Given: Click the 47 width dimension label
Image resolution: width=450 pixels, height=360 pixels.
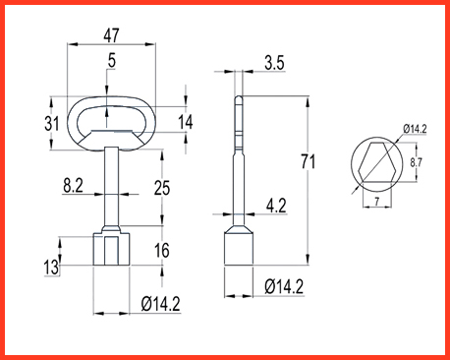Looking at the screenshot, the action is coord(111,35).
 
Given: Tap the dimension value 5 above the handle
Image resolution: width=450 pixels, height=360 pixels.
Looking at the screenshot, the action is coord(112,61).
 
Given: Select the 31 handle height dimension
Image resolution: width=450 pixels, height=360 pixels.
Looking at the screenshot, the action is coord(52,124).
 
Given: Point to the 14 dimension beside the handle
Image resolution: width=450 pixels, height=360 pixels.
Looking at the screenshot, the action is coord(186,122).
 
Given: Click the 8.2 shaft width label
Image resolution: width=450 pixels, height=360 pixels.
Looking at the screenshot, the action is coord(74,186).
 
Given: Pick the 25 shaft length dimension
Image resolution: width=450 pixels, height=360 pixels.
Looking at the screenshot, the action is coord(162,188).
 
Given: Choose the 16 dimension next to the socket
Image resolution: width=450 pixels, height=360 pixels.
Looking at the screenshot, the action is coord(162,251).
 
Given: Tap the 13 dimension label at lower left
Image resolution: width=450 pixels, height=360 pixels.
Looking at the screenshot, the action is coord(51,267).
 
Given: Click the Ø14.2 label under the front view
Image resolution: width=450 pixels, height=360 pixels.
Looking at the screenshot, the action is coord(160,304).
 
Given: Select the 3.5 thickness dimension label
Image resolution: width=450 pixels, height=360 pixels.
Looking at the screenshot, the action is coord(274,63).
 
